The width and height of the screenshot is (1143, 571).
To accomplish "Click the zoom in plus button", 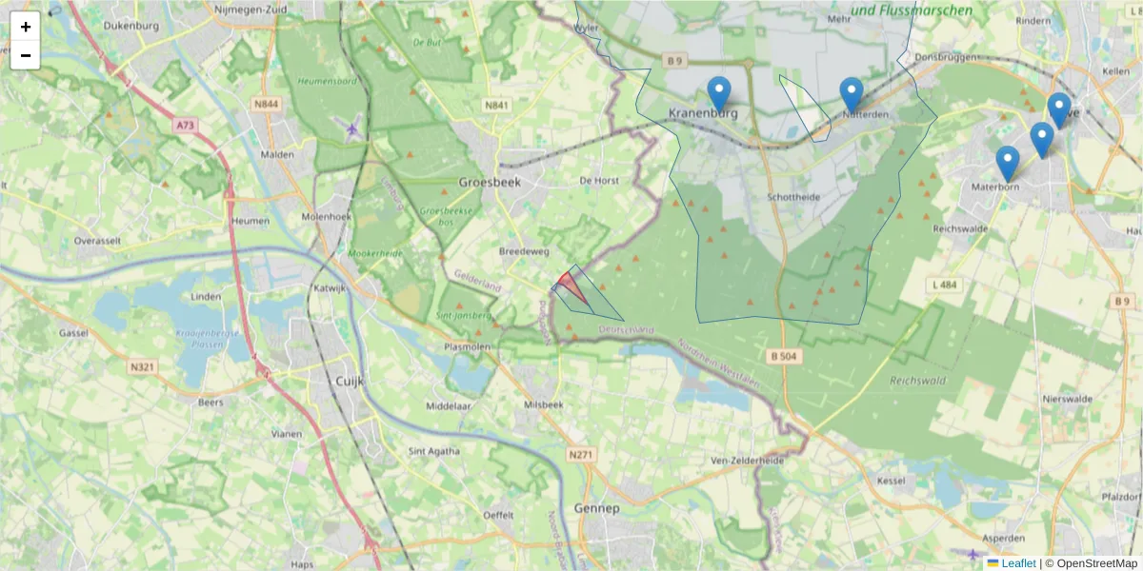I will [26, 27].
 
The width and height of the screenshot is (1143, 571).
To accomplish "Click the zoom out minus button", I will [26, 55].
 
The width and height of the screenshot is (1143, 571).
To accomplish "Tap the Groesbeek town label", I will [490, 182].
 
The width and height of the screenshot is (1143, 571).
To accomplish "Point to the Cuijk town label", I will [351, 381].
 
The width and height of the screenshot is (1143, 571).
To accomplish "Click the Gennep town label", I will [597, 508].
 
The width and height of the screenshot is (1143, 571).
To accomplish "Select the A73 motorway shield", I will [186, 124].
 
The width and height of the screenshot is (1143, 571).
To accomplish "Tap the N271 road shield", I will [580, 456].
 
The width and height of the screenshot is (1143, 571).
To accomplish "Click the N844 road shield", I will [266, 105].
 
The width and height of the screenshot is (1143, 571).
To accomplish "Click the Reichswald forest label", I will [915, 380].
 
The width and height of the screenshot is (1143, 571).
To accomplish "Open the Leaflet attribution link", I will [1017, 563].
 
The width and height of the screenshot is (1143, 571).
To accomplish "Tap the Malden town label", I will [277, 154].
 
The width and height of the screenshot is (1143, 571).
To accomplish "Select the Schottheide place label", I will [793, 197].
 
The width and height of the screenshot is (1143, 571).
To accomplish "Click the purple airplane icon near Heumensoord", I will [353, 128].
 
